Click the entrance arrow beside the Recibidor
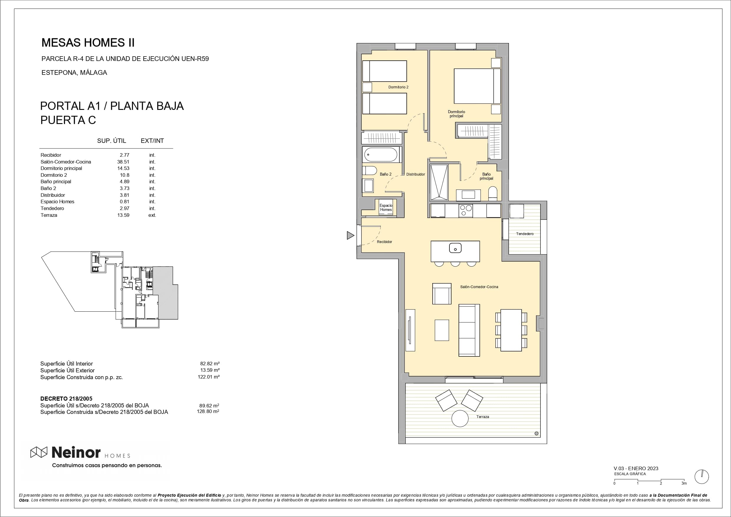tap(350, 235)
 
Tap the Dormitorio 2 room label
tap(398, 87)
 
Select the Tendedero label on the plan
tap(525, 234)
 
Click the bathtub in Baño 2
tap(381, 155)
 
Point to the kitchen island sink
tap(455, 248)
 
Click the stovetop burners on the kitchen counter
tap(465, 211)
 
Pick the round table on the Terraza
tap(460, 418)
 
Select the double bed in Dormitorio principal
tap(477, 86)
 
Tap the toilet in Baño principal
tap(492, 194)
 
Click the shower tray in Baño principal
tap(439, 182)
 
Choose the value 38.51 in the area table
tap(123, 162)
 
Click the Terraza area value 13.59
tap(123, 215)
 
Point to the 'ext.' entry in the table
tap(152, 215)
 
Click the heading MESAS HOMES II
tap(88, 43)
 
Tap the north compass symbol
tap(701, 477)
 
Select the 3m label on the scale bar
tap(684, 483)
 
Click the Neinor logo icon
tap(39, 452)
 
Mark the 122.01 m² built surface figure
tap(209, 377)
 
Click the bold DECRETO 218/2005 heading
tap(66, 399)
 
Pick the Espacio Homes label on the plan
tap(386, 208)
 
